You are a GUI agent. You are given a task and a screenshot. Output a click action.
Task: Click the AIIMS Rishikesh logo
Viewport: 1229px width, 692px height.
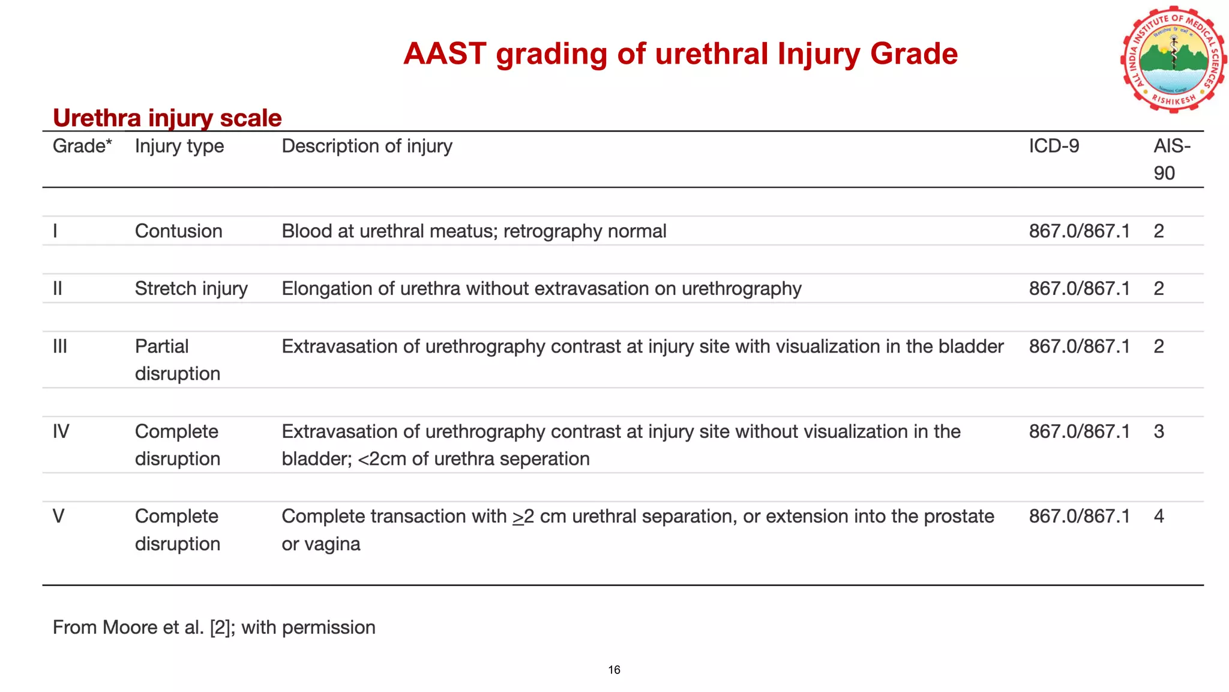1173,59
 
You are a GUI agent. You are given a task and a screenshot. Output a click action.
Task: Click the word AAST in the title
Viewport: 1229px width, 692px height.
444,54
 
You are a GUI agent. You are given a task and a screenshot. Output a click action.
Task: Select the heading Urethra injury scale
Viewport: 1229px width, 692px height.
167,118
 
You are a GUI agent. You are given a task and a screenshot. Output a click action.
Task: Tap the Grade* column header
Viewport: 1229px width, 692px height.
82,146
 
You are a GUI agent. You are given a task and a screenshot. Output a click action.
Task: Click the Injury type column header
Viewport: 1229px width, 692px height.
179,146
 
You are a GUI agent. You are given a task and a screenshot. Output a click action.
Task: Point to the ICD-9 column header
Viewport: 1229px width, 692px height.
1054,146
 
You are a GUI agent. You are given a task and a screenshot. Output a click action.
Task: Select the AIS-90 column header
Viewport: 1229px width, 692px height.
1171,159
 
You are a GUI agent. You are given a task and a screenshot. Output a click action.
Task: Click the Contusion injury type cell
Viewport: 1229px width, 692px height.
178,231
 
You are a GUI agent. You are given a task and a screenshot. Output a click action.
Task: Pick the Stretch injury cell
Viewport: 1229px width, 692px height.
191,289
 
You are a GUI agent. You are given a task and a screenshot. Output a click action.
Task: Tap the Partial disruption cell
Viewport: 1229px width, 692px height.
177,360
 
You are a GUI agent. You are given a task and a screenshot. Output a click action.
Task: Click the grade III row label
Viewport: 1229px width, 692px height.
60,347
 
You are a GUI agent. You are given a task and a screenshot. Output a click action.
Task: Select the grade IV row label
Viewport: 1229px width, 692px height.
61,431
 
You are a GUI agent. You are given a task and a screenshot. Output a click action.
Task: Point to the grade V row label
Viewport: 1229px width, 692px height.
58,516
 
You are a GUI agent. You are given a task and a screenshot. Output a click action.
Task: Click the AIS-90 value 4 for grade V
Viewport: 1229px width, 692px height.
1159,516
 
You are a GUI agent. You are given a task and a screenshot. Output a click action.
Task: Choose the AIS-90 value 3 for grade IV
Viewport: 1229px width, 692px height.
1159,431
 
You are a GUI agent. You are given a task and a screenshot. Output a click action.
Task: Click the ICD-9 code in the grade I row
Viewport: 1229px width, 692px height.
1079,231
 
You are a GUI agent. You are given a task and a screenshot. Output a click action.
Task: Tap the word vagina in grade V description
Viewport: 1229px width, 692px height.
332,544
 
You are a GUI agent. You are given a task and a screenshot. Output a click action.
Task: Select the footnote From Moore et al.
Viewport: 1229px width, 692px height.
214,627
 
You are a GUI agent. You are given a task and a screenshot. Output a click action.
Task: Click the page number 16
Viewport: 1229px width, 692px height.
614,670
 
